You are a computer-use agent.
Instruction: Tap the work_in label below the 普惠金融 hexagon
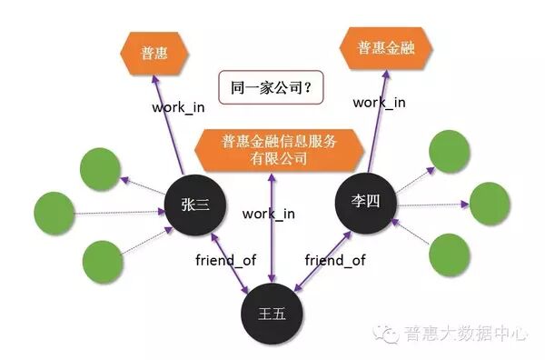tap(379, 102)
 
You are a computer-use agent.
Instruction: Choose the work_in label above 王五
tap(269, 214)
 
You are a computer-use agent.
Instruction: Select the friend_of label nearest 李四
tap(334, 260)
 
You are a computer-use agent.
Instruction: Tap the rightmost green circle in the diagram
tap(489, 204)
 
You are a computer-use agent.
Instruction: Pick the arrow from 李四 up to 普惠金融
tap(373, 118)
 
